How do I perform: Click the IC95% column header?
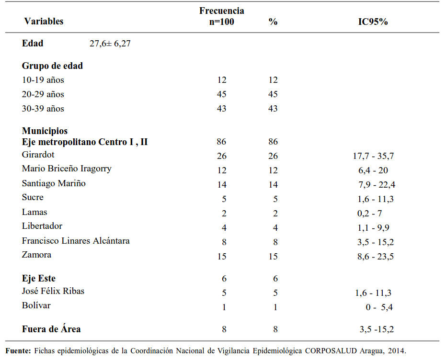pos(373,22)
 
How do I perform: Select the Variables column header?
pos(44,21)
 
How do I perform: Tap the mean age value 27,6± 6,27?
pos(110,44)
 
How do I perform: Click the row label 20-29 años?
pos(43,94)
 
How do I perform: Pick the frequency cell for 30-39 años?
pos(222,108)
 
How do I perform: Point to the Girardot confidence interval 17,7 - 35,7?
pos(374,156)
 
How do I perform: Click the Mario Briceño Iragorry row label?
pos(67,169)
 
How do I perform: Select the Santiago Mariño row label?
pos(54,183)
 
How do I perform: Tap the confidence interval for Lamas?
pos(369,214)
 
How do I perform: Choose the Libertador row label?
pos(42,226)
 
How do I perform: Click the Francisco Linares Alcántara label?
pos(76,241)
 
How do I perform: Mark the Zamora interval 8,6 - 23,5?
pos(376,257)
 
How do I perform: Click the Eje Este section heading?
pos(39,278)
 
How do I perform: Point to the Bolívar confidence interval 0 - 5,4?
pos(379,307)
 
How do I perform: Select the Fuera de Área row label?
pos(51,329)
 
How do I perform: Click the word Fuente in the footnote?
pos(18,351)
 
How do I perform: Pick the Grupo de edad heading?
pos(52,66)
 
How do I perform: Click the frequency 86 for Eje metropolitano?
pos(221,142)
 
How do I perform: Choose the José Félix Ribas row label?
pos(53,291)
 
